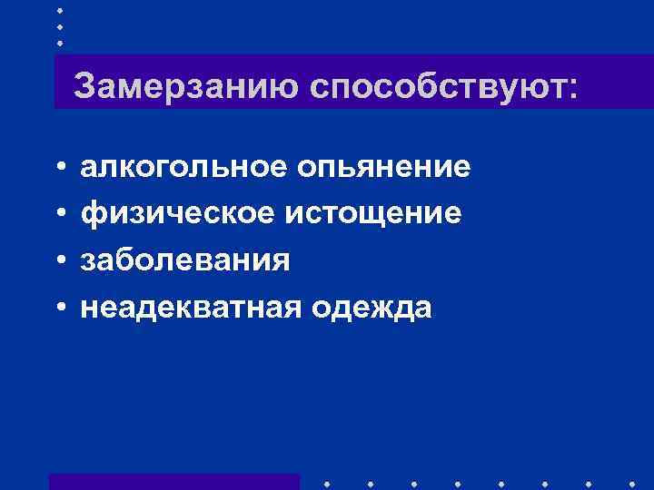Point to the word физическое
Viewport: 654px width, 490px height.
click(x=175, y=214)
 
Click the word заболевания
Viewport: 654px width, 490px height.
click(x=185, y=261)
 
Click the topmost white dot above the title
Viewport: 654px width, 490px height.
click(x=59, y=9)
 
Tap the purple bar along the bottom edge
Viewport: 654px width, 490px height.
click(x=173, y=482)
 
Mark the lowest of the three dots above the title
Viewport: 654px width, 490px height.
click(x=59, y=42)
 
